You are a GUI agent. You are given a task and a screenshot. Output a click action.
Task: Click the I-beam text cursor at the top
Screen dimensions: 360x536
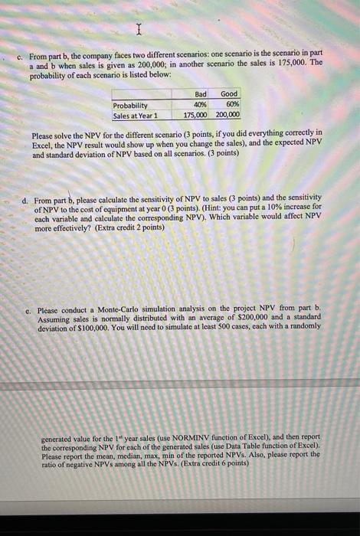(139, 31)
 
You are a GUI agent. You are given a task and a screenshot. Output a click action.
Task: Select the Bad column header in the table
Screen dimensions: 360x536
(201, 93)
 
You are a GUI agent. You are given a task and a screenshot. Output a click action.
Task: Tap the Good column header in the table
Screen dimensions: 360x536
(228, 93)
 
